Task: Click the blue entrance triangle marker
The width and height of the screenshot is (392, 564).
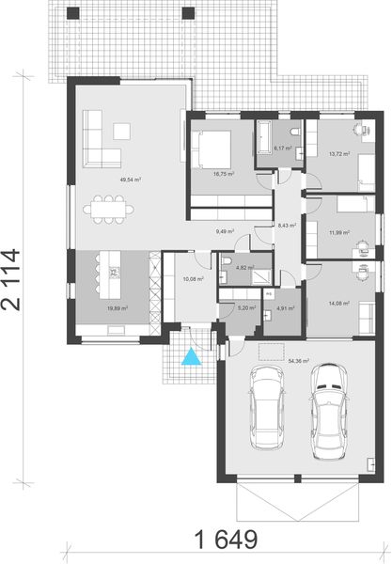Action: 191,356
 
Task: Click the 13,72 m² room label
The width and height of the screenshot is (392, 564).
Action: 339,153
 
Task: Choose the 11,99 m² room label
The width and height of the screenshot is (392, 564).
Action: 339,232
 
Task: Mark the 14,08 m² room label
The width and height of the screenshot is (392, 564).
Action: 339,302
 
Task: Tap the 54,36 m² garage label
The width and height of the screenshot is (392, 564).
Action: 301,360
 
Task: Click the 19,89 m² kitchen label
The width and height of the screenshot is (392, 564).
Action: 117,306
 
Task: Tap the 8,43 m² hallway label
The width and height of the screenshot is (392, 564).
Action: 285,224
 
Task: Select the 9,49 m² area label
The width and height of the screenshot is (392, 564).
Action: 225,230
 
